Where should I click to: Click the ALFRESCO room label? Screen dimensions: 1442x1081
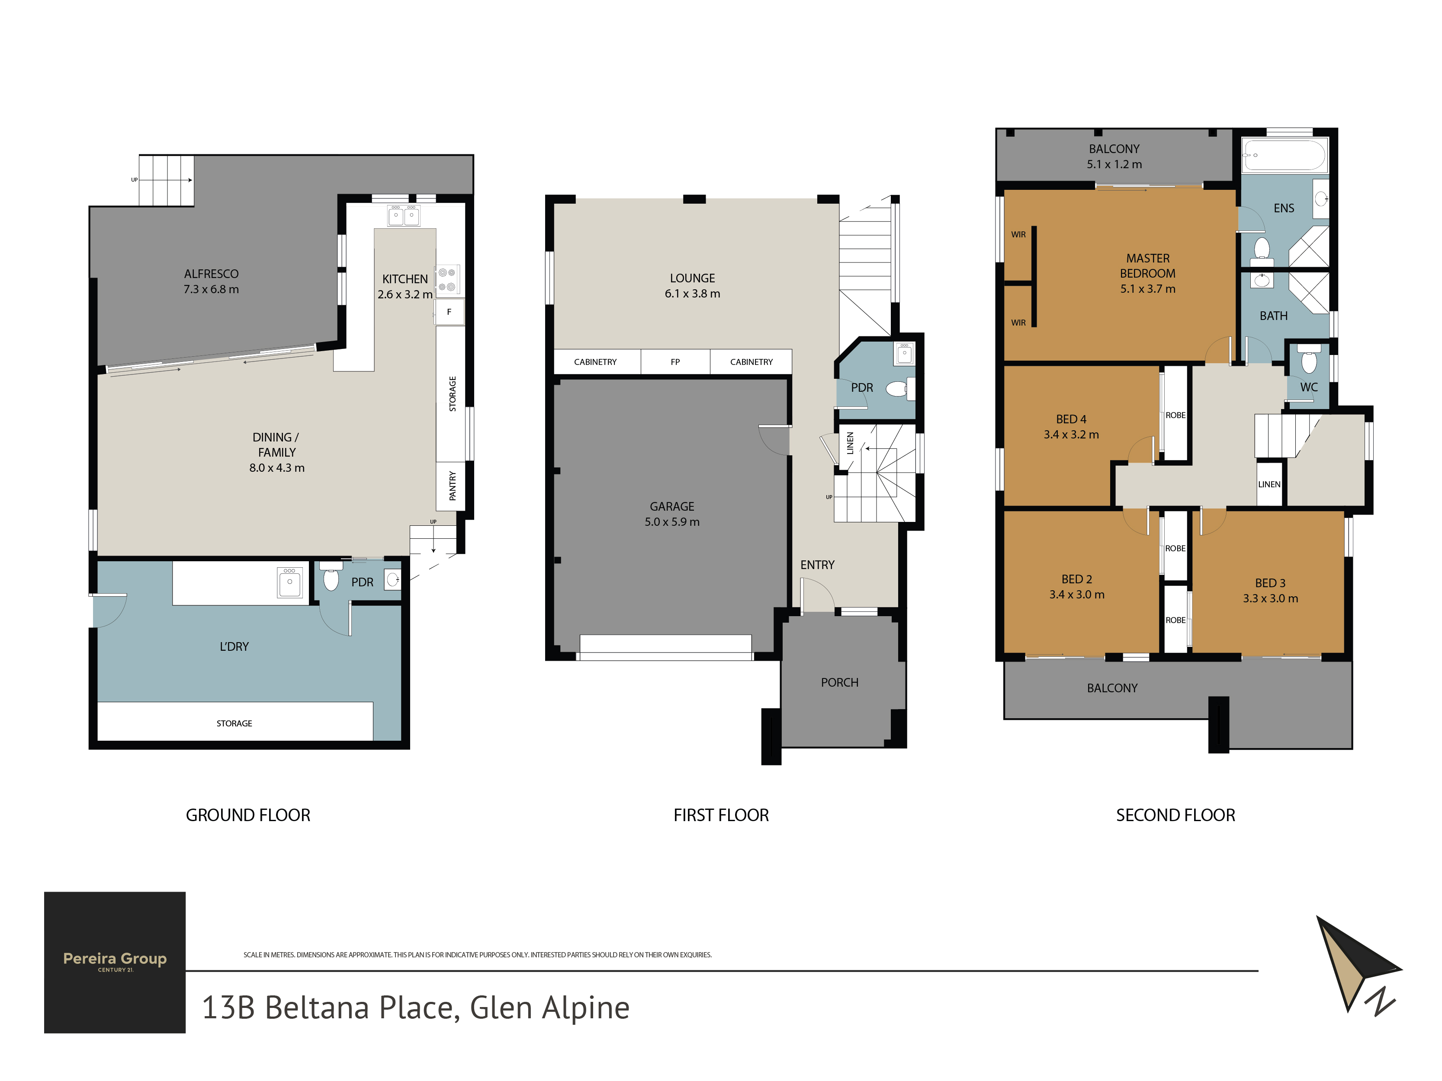211,274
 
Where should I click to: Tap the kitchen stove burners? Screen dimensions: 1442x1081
447,279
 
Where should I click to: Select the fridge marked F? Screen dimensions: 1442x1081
449,312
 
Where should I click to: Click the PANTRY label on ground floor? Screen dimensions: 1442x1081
453,486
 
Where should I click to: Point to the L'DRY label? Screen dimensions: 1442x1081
234,646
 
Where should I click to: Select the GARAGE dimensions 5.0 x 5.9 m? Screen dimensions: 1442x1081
672,522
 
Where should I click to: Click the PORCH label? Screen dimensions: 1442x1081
840,682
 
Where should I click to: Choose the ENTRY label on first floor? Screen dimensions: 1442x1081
818,565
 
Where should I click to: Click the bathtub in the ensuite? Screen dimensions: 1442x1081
1284,155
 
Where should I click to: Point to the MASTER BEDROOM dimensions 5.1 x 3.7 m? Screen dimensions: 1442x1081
1148,289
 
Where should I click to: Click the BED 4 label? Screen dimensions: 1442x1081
1071,419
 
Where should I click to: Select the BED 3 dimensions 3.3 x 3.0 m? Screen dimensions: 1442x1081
1271,598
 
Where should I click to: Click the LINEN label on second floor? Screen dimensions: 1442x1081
1269,484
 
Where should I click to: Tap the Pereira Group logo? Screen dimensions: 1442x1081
115,962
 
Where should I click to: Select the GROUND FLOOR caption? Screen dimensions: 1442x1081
248,815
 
